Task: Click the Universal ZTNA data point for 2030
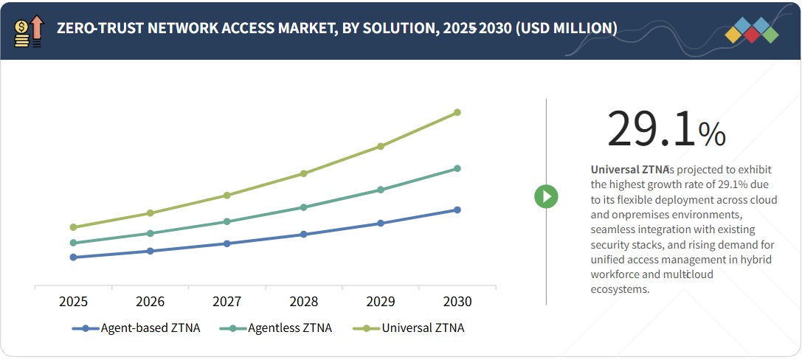[x=457, y=112]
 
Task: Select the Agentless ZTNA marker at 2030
[x=457, y=168]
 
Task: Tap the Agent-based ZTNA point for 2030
[x=457, y=210]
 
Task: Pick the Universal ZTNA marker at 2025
[x=73, y=227]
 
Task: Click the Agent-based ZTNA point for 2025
[x=73, y=257]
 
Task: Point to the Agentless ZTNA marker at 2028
[x=303, y=207]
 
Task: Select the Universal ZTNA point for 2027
[x=227, y=195]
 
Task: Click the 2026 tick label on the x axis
[x=150, y=302]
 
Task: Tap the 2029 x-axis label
[x=381, y=302]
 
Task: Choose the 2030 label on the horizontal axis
[x=457, y=302]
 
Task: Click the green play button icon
[x=546, y=196]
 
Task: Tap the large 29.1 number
[x=651, y=130]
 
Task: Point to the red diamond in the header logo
[x=752, y=34]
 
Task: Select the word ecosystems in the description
[x=620, y=289]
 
